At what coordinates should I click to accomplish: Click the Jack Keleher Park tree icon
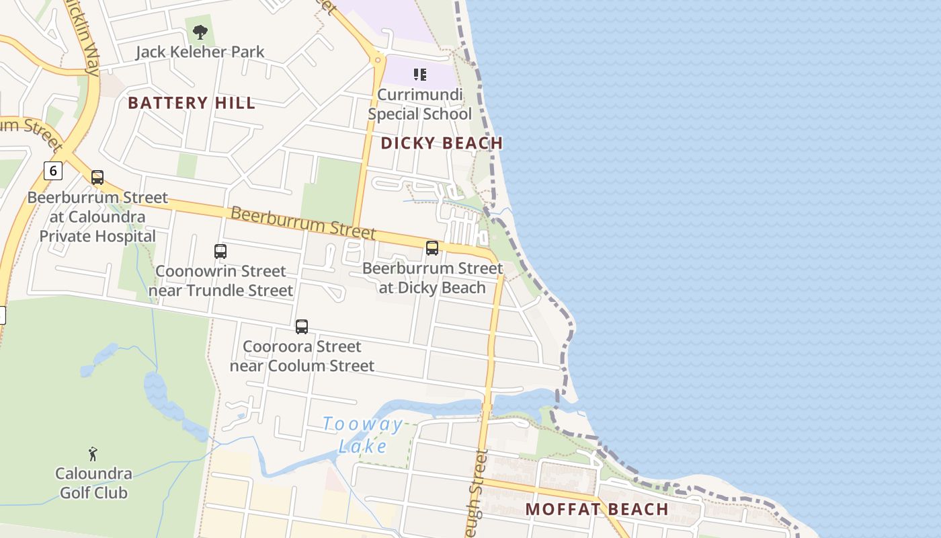point(200,32)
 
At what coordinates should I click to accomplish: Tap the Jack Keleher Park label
point(200,52)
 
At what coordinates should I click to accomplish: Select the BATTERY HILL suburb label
point(192,103)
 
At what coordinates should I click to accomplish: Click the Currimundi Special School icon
point(420,74)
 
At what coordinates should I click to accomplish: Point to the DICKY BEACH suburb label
point(442,143)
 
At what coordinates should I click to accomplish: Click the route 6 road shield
point(53,171)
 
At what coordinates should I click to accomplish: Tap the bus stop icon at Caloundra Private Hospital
point(97,178)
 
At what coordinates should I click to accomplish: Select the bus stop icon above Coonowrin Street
point(220,252)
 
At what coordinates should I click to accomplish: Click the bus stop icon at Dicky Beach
point(432,248)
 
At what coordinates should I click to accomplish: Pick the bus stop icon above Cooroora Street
point(302,327)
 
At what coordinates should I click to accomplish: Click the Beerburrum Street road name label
point(302,223)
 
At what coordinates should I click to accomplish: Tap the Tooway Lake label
point(363,435)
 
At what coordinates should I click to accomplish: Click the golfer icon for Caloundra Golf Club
point(93,454)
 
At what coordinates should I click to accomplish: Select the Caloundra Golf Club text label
point(93,483)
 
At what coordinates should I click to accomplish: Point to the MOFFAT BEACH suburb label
point(597,509)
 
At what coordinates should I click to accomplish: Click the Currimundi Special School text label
point(420,104)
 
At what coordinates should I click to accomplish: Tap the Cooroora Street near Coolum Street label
point(302,356)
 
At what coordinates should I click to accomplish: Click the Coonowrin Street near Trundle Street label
point(220,281)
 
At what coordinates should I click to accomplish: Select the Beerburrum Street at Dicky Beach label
point(432,278)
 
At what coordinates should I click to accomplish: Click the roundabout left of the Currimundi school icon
point(377,60)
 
